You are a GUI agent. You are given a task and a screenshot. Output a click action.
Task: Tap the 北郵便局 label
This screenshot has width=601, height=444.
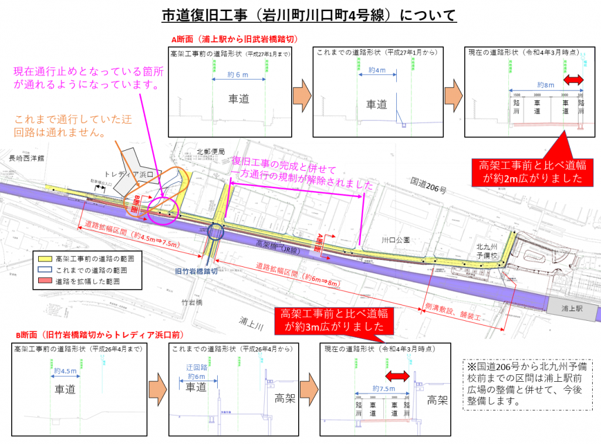click(x=211, y=151)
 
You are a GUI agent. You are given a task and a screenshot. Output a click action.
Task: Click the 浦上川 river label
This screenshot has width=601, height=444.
click(x=254, y=321)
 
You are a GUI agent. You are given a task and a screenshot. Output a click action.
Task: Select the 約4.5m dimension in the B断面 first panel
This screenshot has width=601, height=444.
click(x=65, y=371)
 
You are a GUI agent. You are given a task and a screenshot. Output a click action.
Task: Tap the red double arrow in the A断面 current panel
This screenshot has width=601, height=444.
click(x=573, y=79)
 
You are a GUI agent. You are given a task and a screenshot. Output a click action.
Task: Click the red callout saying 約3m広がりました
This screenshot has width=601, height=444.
click(x=332, y=319)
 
